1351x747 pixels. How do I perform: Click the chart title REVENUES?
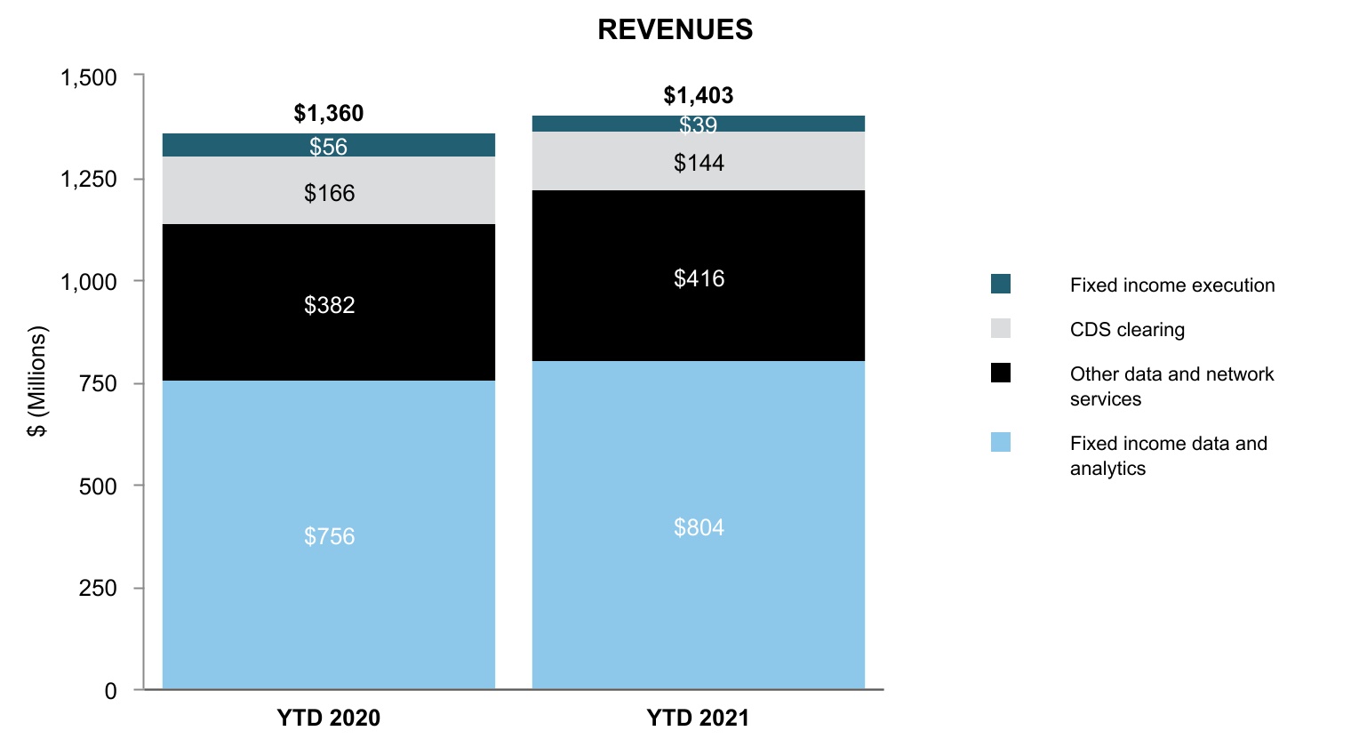tap(675, 29)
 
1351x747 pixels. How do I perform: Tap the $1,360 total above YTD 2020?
tap(329, 114)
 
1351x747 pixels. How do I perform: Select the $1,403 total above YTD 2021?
tap(699, 95)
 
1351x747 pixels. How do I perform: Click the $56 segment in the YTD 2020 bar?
tap(329, 146)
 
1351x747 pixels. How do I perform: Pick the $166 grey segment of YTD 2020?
tap(329, 190)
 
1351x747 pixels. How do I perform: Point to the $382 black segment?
tap(329, 302)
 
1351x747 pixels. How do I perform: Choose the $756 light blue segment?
tap(329, 534)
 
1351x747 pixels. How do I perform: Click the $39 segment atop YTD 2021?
tap(699, 124)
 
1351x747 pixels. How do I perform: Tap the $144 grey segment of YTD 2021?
tap(699, 161)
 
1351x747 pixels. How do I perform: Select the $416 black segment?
tap(699, 276)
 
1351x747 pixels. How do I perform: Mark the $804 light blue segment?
tap(699, 525)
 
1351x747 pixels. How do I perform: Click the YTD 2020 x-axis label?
tap(329, 718)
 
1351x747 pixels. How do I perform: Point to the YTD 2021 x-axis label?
tap(698, 718)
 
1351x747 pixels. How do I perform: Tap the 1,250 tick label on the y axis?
tap(89, 180)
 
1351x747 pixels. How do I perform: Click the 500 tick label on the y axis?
tap(98, 486)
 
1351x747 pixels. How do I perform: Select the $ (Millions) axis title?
tap(37, 381)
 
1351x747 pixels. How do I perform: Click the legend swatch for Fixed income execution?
tap(1001, 284)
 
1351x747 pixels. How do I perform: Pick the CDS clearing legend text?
tap(1127, 329)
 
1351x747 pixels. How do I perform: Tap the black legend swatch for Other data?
tap(1001, 373)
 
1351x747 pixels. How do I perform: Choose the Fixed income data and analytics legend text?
tap(1168, 455)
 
